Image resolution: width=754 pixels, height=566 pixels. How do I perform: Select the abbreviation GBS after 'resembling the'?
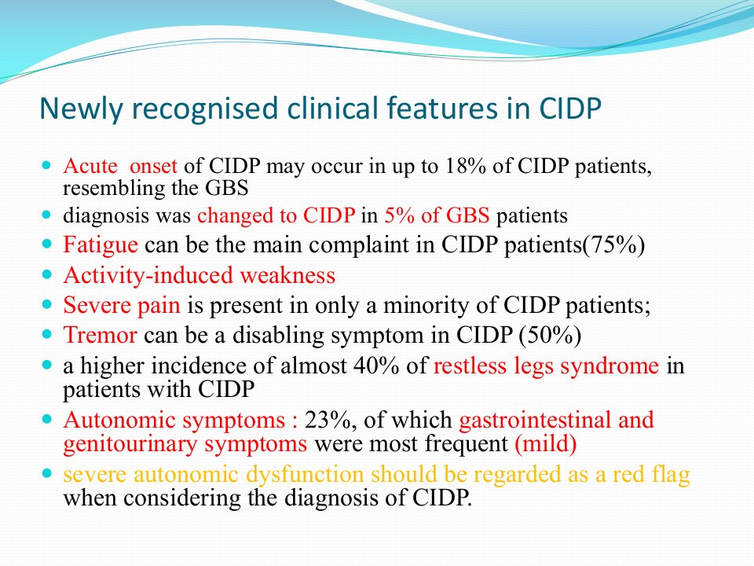(x=227, y=188)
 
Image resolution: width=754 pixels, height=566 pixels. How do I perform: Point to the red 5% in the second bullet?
(x=399, y=215)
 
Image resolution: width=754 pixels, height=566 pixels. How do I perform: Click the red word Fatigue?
(x=101, y=245)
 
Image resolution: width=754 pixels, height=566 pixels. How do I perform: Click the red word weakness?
(x=287, y=275)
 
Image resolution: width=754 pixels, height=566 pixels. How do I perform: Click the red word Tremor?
(x=100, y=335)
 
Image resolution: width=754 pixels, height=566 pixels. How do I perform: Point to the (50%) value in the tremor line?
(x=550, y=336)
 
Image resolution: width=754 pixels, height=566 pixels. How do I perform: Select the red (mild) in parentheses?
(x=546, y=443)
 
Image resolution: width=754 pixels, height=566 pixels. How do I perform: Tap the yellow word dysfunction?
(x=305, y=474)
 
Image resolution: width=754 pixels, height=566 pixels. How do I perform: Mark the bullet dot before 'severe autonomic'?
(x=46, y=473)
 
